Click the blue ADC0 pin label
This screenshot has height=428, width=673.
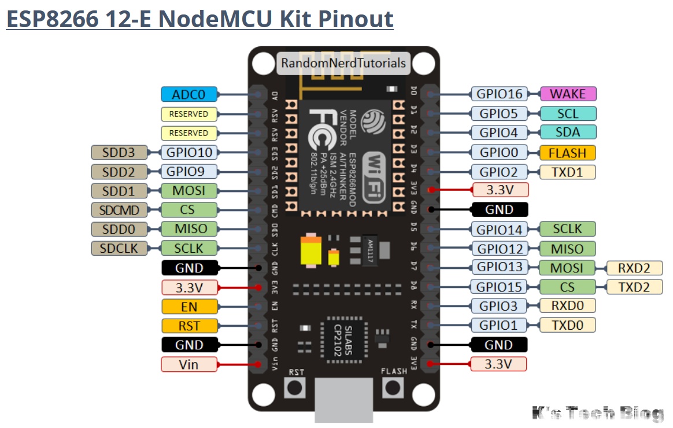pos(189,94)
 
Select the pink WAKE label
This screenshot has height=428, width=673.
pos(567,94)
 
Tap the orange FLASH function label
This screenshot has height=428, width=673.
pos(567,153)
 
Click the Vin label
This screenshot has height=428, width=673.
pos(189,364)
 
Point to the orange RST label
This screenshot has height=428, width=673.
pos(189,326)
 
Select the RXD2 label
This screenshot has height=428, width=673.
pos(634,267)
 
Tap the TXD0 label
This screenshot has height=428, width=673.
pos(567,324)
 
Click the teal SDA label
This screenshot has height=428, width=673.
pos(567,132)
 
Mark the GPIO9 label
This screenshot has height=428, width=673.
pos(189,171)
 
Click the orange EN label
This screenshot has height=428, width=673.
pos(189,306)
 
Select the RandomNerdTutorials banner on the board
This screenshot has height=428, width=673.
pos(343,62)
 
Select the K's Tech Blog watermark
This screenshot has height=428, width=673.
pos(598,413)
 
